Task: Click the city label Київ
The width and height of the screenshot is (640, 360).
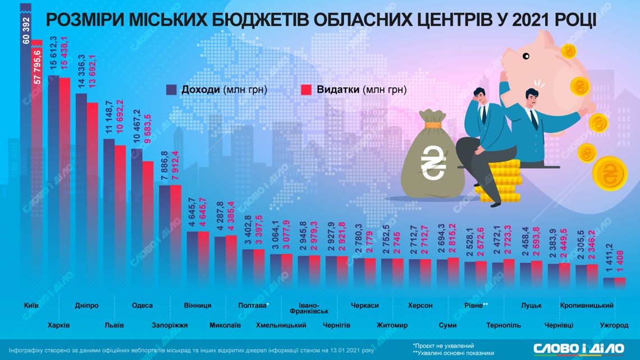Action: click(x=31, y=306)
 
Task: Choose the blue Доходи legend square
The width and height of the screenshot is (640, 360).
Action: click(x=172, y=90)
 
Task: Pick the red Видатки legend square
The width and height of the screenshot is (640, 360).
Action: click(x=307, y=90)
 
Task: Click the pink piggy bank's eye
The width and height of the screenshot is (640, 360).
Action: click(x=526, y=57)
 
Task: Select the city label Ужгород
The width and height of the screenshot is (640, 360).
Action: click(x=614, y=325)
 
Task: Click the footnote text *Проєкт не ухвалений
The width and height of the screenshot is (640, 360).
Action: click(x=444, y=346)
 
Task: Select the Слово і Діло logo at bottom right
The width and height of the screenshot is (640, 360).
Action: click(x=578, y=348)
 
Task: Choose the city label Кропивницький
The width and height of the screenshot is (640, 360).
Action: click(x=587, y=306)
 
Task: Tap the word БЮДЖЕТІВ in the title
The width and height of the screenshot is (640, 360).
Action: click(x=256, y=20)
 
